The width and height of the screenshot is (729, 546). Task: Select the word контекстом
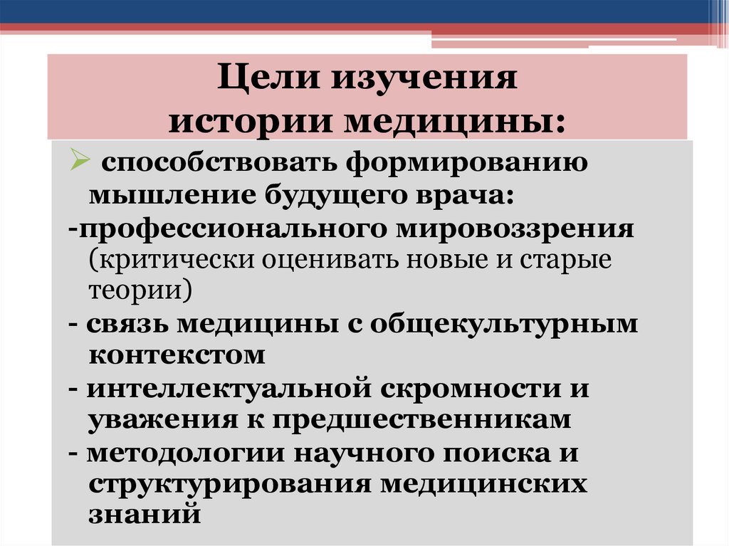point(177,355)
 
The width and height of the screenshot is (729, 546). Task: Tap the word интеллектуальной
point(221,389)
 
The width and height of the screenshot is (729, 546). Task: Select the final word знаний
point(144,514)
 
